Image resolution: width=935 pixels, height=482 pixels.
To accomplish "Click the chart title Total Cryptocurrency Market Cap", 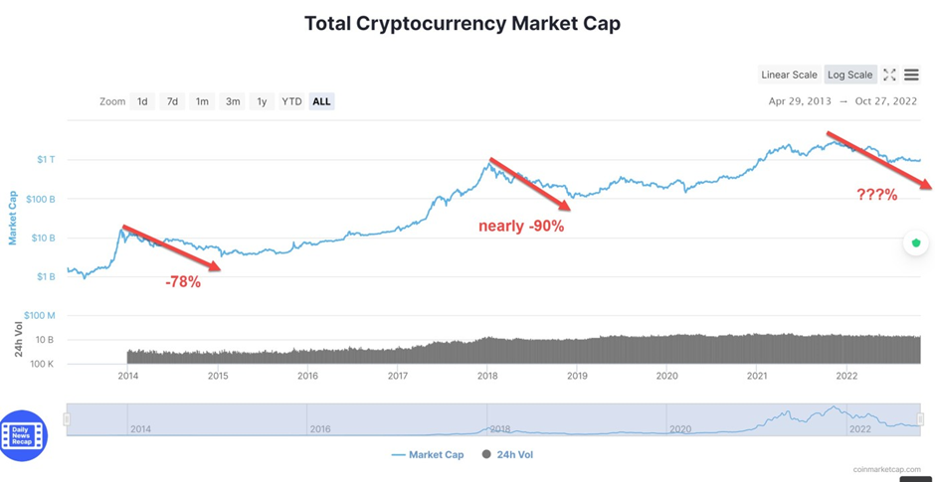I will pos(462,23).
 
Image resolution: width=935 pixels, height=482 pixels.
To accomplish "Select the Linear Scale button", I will pos(789,75).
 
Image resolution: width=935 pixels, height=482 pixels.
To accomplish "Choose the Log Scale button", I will pos(849,75).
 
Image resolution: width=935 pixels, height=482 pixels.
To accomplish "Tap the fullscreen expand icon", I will pos(889,75).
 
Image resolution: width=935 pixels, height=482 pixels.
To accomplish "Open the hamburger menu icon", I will pos(911,75).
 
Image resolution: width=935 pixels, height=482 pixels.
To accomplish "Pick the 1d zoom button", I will pos(142,101).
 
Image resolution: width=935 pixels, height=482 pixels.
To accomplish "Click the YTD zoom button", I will pos(290,101).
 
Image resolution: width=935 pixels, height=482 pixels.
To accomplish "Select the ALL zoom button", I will pos(321,101).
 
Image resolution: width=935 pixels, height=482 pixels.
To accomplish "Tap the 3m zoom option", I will pos(232,101).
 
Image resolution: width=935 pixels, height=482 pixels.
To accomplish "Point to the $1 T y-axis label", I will pos(47,160).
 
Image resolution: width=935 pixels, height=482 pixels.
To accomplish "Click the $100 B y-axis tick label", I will pos(40,199).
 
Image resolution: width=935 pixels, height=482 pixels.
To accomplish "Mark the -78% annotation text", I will pos(183,282).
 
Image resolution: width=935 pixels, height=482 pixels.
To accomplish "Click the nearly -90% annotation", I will pos(521,226).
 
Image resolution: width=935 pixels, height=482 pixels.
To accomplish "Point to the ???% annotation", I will pos(877,195).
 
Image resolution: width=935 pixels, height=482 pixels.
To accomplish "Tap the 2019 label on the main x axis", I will pos(577,376).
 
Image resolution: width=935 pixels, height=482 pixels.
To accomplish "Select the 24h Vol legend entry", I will pos(507,454).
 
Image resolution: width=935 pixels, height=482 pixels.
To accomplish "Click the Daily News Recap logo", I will pos(24,435).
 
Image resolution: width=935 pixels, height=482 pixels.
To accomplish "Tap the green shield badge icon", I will pos(916,242).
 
